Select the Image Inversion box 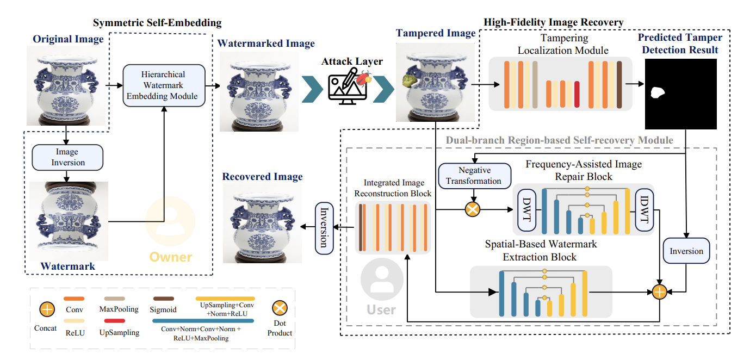click(x=67, y=157)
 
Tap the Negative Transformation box click(x=475, y=176)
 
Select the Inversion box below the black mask click(x=686, y=251)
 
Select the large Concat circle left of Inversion click(x=659, y=292)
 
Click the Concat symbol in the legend click(x=47, y=310)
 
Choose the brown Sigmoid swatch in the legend click(x=162, y=298)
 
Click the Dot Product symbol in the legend click(x=280, y=310)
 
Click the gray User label click(x=381, y=309)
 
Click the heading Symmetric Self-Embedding click(x=157, y=23)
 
